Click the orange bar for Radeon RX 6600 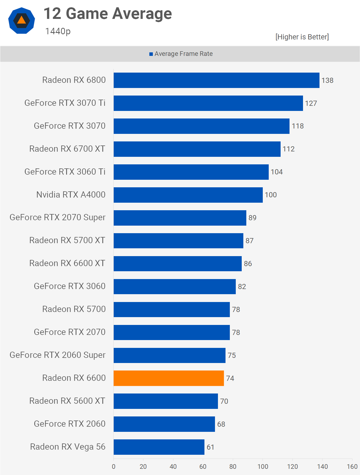[x=169, y=378]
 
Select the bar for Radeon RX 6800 [x=216, y=80]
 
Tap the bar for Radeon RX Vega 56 [x=159, y=447]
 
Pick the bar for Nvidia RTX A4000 [x=188, y=195]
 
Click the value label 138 [x=327, y=80]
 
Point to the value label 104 [x=277, y=172]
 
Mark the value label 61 [x=210, y=447]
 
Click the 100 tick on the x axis [x=263, y=467]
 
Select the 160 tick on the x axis [x=352, y=467]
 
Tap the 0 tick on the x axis [x=114, y=467]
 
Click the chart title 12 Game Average [x=107, y=14]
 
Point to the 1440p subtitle [x=58, y=31]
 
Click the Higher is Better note [x=302, y=37]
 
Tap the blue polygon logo [x=22, y=21]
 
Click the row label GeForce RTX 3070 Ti [x=65, y=103]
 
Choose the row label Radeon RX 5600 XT [x=67, y=401]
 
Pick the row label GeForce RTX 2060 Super [x=58, y=355]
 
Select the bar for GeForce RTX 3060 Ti [x=191, y=172]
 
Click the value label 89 [x=252, y=218]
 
